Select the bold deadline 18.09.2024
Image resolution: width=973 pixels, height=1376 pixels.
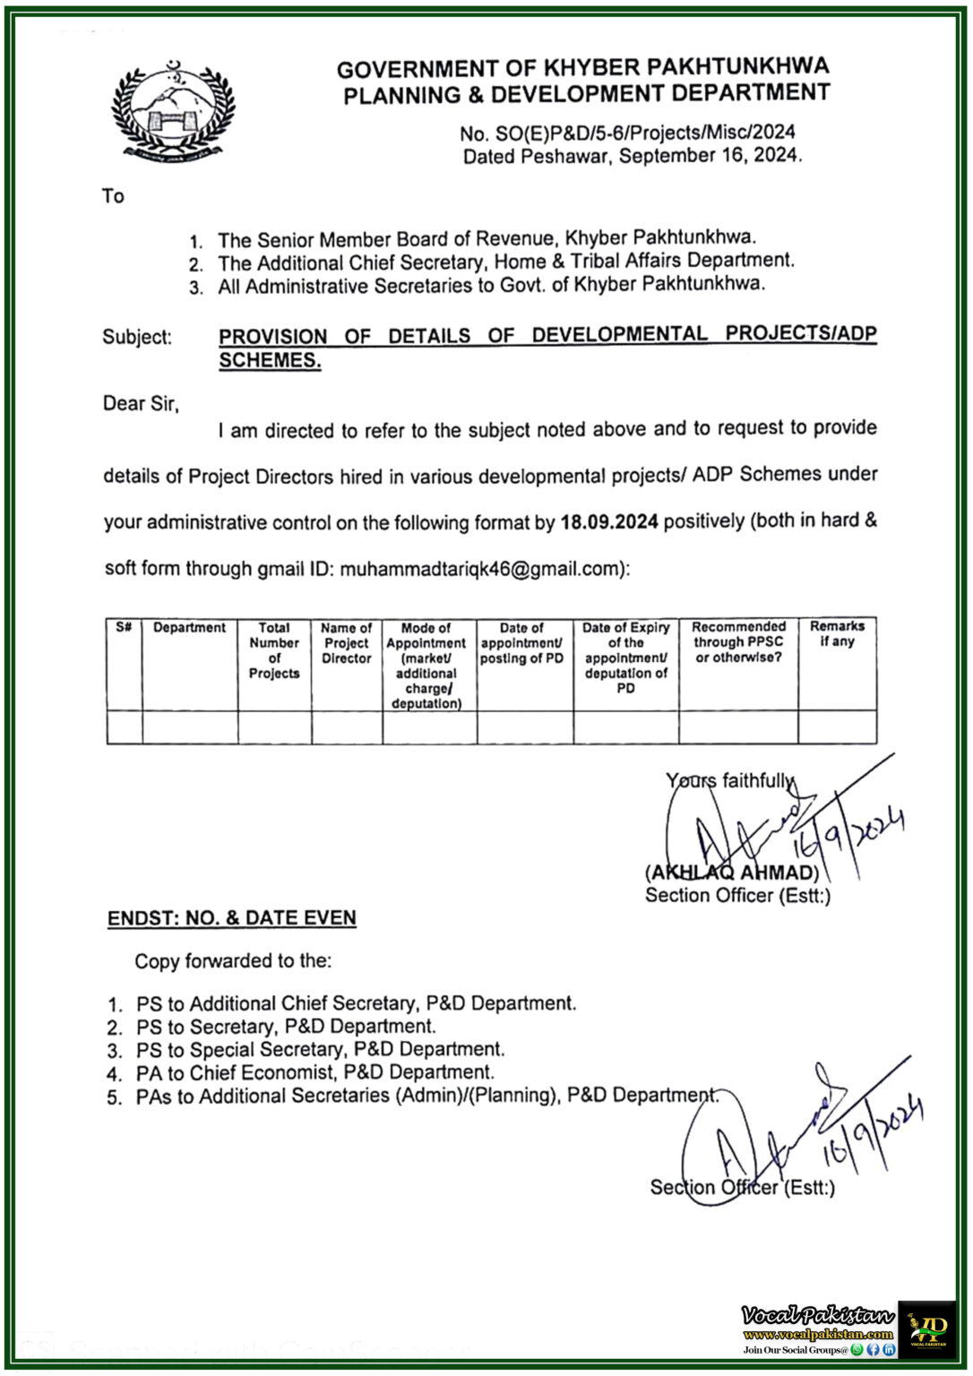[609, 521]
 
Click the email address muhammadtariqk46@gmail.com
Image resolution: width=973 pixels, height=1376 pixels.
[480, 569]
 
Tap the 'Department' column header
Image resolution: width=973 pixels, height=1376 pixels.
[189, 628]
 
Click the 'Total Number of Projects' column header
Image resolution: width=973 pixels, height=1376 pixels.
[274, 650]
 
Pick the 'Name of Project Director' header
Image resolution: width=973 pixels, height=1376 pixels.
[347, 643]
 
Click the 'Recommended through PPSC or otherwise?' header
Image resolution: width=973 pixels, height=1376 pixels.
[738, 642]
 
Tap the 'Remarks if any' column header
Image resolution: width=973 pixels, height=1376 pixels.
[837, 634]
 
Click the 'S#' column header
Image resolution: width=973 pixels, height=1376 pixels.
[124, 627]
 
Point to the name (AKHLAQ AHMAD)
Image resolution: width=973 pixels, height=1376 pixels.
[731, 873]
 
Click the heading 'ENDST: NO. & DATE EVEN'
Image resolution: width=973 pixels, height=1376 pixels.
[232, 918]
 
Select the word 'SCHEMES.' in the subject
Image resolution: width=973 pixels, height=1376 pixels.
[270, 361]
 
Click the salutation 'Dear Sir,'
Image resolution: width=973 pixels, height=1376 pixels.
[141, 404]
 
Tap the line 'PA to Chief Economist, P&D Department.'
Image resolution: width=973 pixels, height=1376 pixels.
[314, 1072]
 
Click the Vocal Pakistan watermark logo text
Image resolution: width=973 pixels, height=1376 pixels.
[817, 1315]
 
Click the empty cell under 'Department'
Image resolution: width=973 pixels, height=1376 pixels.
[190, 727]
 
